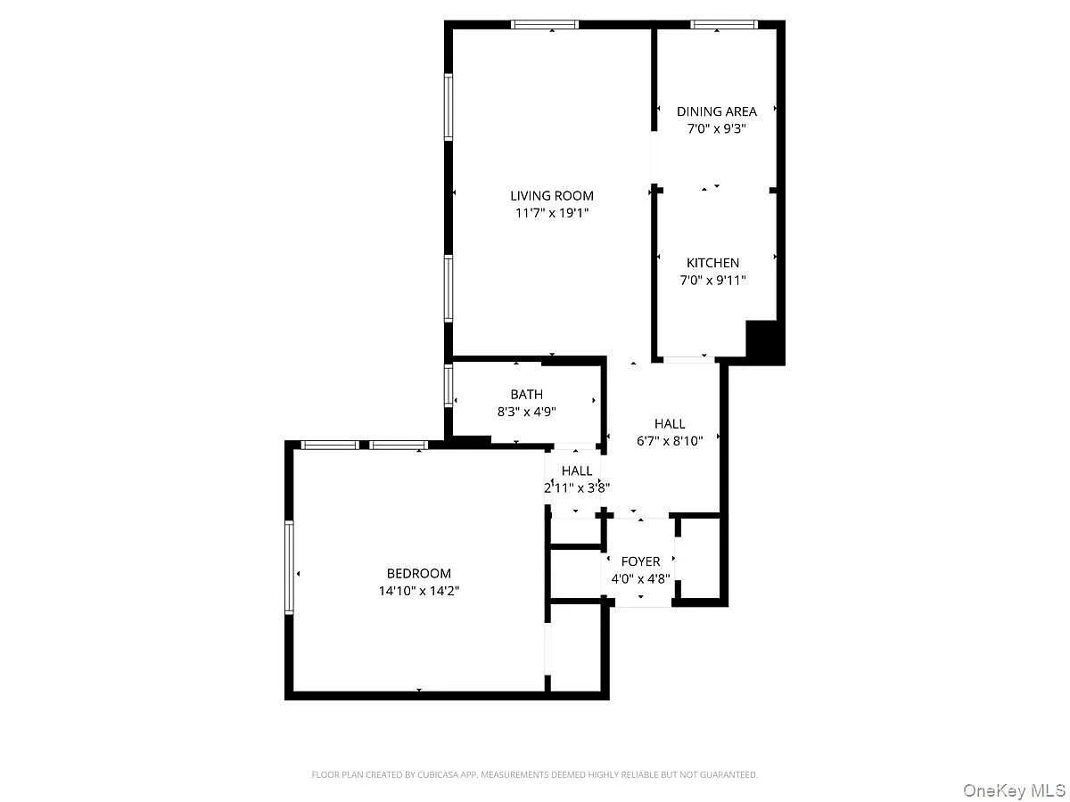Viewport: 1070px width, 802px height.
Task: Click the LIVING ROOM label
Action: coord(552,196)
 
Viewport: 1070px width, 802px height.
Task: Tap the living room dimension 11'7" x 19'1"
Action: coord(552,213)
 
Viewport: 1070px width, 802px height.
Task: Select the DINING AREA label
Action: coord(717,111)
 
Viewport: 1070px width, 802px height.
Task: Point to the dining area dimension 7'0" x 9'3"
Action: coord(717,128)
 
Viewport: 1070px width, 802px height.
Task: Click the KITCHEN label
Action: coord(712,263)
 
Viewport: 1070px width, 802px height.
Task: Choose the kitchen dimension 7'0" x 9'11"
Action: coord(712,280)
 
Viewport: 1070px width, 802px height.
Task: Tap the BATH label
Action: coord(526,395)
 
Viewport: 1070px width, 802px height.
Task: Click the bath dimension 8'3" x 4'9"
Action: coord(526,412)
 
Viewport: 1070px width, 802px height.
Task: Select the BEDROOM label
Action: coord(419,573)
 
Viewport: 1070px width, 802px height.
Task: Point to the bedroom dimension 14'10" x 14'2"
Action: coord(419,591)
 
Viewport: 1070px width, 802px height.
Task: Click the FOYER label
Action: coord(640,561)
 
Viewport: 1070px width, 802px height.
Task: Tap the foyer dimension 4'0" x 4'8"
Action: coord(640,578)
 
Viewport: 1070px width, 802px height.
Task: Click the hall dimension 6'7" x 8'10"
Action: coord(670,441)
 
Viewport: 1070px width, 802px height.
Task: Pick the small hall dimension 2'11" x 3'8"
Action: coord(577,487)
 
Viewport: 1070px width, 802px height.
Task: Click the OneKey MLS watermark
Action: coord(1015,790)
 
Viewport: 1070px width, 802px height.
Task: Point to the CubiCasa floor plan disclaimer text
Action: coord(534,774)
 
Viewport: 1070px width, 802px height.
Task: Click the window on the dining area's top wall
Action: coord(724,24)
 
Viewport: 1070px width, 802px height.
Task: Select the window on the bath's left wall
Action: coord(449,386)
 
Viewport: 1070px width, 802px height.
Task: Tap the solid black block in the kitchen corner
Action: coord(764,341)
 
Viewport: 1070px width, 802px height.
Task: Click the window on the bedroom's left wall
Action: coord(289,567)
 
